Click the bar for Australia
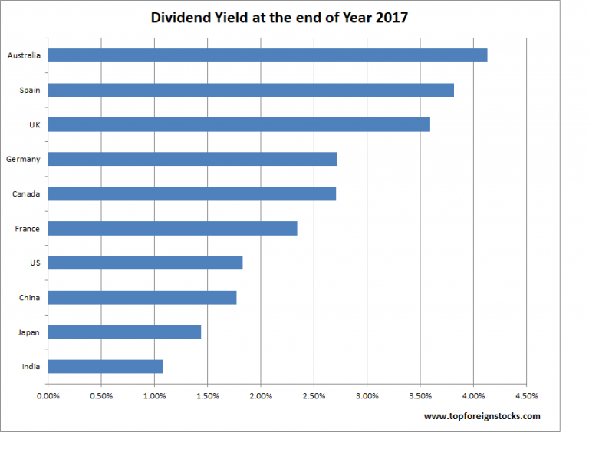coord(268,55)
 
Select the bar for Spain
coord(251,90)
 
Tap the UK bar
coord(239,124)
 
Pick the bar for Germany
coord(192,159)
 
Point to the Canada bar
coord(192,193)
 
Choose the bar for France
coord(173,228)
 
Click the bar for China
coord(142,297)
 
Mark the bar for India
coord(105,366)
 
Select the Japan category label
coord(30,332)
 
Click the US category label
coord(35,263)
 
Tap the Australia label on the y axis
coord(24,55)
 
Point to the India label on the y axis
coord(31,366)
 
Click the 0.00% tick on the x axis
coord(48,396)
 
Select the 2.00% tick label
coord(261,396)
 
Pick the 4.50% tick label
coord(526,396)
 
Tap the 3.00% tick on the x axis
coord(367,396)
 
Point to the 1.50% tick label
coord(208,396)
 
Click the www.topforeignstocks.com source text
coord(482,416)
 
